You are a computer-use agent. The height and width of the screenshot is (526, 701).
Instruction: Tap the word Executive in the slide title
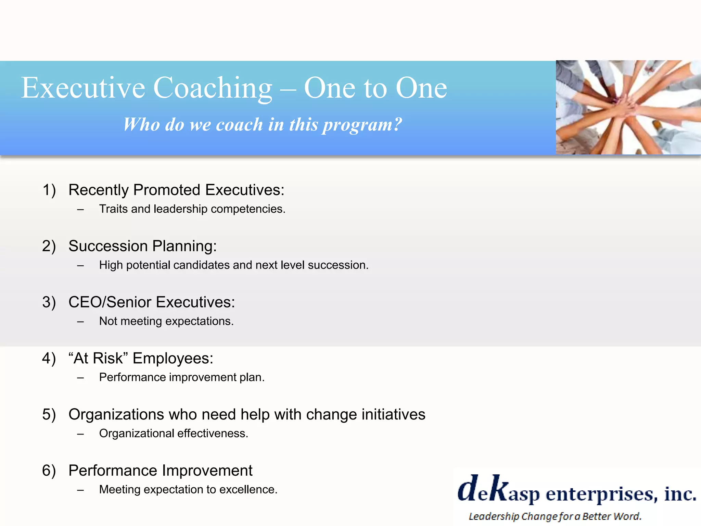point(83,88)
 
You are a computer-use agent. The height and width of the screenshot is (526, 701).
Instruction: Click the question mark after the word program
point(397,124)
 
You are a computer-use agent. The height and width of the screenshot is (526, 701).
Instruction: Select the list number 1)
point(49,190)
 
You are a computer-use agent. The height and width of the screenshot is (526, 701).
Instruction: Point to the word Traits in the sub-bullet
point(113,209)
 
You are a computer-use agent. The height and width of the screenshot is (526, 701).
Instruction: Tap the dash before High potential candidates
point(80,265)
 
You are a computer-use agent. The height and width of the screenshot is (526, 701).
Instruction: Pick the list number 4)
point(49,358)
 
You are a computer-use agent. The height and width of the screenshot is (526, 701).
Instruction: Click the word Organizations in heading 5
point(116,414)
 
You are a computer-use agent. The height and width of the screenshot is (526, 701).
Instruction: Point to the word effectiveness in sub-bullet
point(213,434)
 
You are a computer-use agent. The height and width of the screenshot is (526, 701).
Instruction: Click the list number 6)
point(49,471)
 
